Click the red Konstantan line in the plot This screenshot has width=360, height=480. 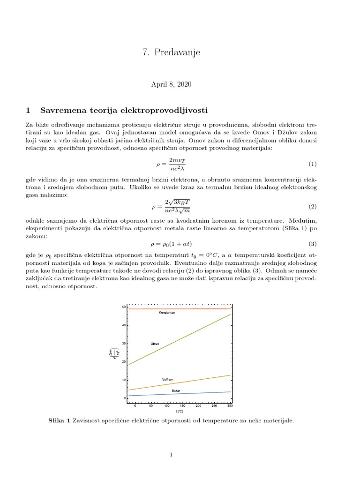(x=197, y=309)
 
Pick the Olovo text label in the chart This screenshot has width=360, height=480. (x=155, y=344)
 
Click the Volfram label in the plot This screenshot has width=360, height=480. (x=168, y=379)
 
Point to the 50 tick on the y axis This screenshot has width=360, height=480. (x=123, y=307)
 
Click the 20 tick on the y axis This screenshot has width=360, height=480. (x=123, y=362)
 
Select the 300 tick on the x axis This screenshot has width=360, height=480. (x=230, y=405)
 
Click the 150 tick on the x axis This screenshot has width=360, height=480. (x=182, y=405)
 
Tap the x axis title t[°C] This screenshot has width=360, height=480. (x=180, y=411)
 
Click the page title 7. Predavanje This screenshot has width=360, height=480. (x=171, y=52)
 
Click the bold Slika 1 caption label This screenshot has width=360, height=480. (x=59, y=421)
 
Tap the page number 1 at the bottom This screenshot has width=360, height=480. (x=172, y=455)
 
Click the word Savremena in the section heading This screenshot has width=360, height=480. (x=62, y=111)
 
